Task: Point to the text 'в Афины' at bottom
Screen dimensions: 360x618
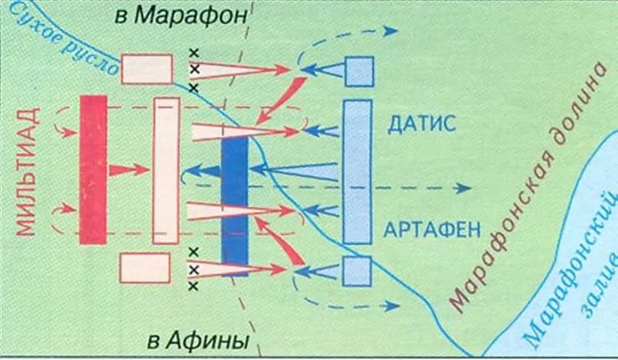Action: pos(195,340)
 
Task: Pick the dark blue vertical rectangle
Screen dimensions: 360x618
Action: pos(234,205)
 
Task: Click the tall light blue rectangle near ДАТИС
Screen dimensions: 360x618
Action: pos(357,170)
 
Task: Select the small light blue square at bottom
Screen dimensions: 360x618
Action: pos(358,271)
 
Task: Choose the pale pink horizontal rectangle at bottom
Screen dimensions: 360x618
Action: pos(145,268)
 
